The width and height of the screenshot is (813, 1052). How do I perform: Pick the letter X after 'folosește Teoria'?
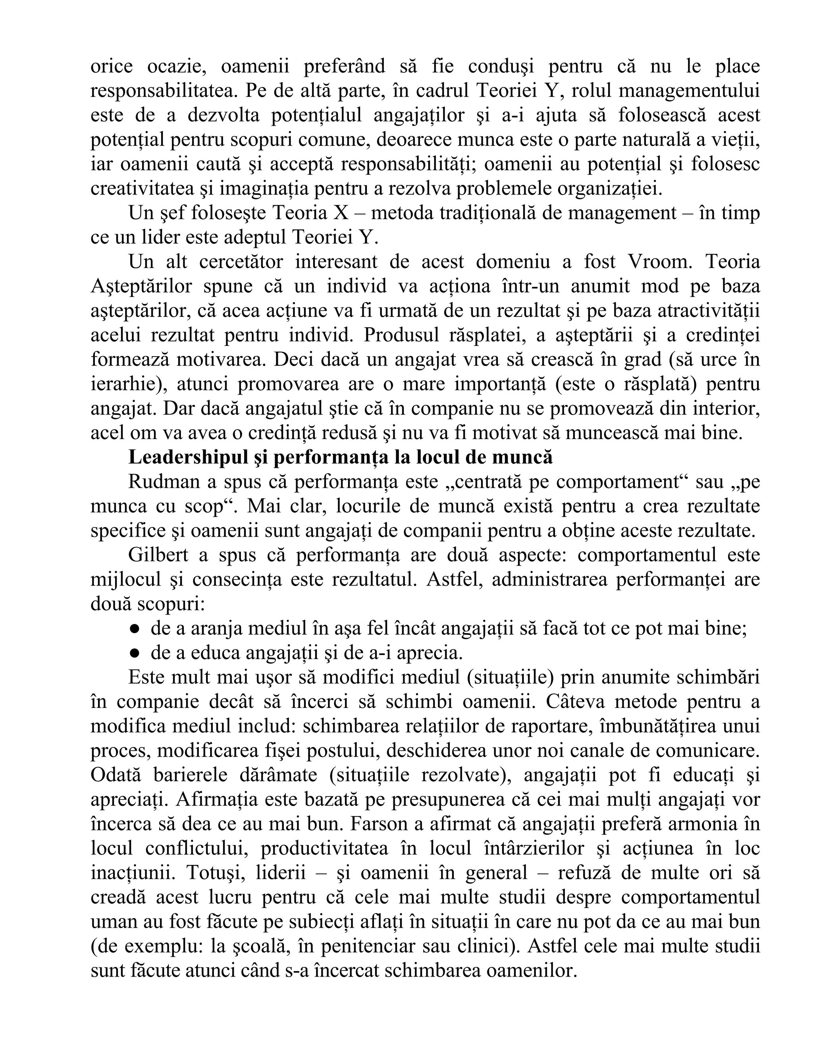(341, 213)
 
